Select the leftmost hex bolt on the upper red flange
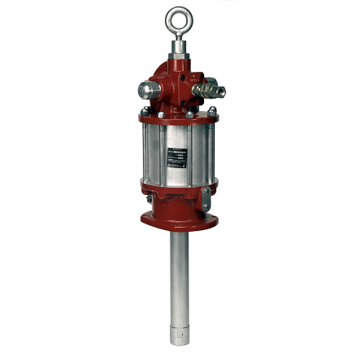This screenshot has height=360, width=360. pos(144,111)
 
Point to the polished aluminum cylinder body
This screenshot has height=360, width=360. pos(155,155)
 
